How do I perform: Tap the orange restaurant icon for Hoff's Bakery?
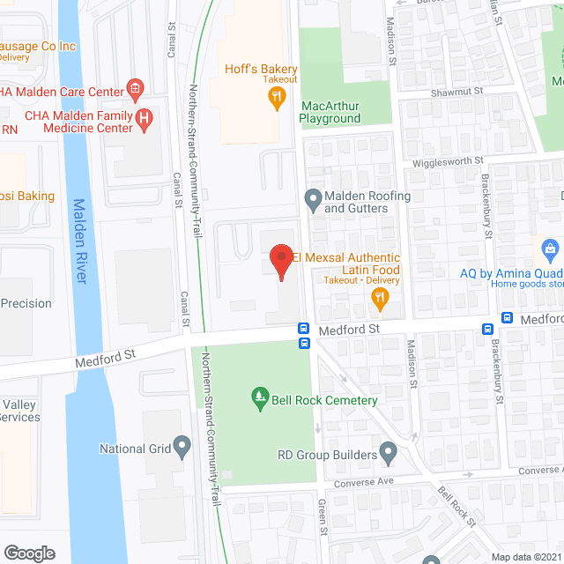point(277,98)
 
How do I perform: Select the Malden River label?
point(78,241)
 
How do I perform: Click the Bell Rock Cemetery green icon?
point(259,399)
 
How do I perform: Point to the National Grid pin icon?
point(182,448)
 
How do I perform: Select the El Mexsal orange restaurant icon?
point(380,300)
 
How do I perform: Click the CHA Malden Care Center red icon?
point(135,86)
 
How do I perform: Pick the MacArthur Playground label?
point(330,112)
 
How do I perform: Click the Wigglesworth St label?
point(449,161)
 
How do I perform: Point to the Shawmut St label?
point(456,91)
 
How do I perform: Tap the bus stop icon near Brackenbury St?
point(486,329)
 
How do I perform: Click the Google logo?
point(29,553)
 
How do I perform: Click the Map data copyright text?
point(526,556)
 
